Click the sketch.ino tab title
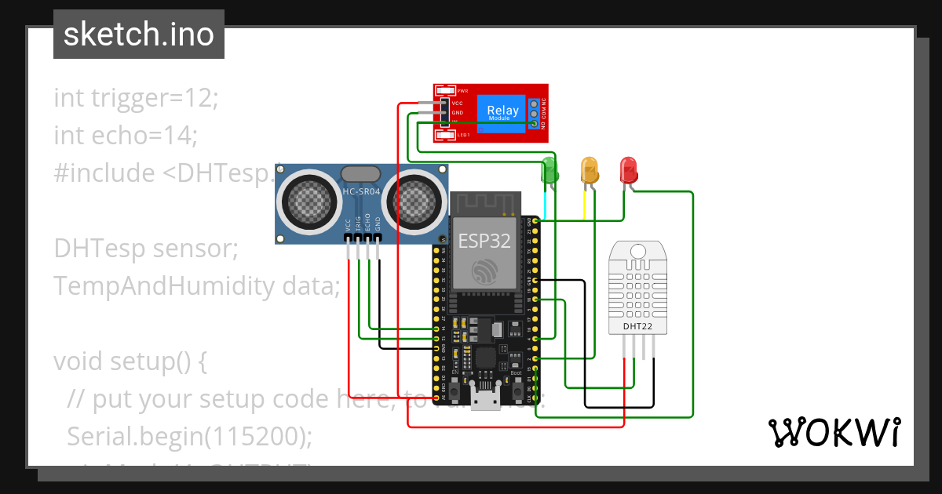coord(138,35)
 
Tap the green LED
coord(549,170)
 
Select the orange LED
coord(589,170)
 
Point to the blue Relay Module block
coord(502,113)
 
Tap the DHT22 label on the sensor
coord(638,325)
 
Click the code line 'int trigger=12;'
coord(136,98)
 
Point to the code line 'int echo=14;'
coord(126,136)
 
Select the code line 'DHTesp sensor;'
coord(146,249)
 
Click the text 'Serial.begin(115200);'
coord(189,436)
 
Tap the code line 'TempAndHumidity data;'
coord(196,286)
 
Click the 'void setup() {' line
coord(130,361)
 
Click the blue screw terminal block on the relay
coord(534,113)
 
